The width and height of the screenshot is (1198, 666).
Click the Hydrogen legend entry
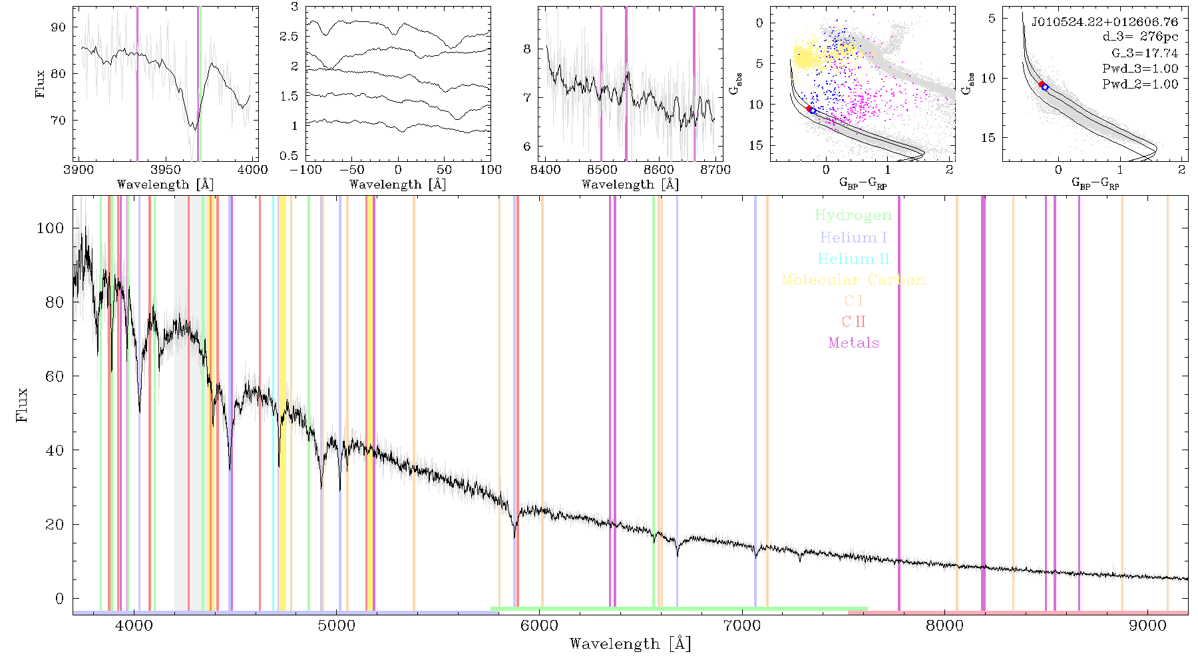click(853, 215)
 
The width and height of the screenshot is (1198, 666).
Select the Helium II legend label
click(853, 258)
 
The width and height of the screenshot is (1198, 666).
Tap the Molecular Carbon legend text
click(853, 280)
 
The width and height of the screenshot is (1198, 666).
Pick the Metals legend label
click(854, 343)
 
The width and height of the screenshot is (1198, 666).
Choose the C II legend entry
click(854, 322)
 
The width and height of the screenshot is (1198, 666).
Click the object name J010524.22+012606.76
click(1105, 22)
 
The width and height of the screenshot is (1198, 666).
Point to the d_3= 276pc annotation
click(1140, 37)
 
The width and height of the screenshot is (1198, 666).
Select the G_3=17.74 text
click(1145, 53)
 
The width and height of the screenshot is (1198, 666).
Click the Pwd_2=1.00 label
click(1140, 85)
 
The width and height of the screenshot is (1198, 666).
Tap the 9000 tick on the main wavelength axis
click(1147, 625)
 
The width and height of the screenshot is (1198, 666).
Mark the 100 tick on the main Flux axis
click(51, 228)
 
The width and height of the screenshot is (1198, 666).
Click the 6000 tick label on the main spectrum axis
click(540, 625)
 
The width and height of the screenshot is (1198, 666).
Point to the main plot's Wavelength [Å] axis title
click(630, 644)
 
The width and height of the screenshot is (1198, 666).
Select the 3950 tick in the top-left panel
click(166, 169)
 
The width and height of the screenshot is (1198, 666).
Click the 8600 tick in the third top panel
click(658, 169)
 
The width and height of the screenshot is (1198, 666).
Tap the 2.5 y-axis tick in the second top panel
click(289, 37)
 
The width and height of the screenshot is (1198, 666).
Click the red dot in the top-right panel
click(1042, 85)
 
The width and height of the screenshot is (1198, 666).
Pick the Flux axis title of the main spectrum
click(23, 404)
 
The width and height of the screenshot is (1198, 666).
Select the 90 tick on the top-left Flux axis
click(59, 27)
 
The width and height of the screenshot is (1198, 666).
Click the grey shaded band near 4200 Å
click(181, 403)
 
